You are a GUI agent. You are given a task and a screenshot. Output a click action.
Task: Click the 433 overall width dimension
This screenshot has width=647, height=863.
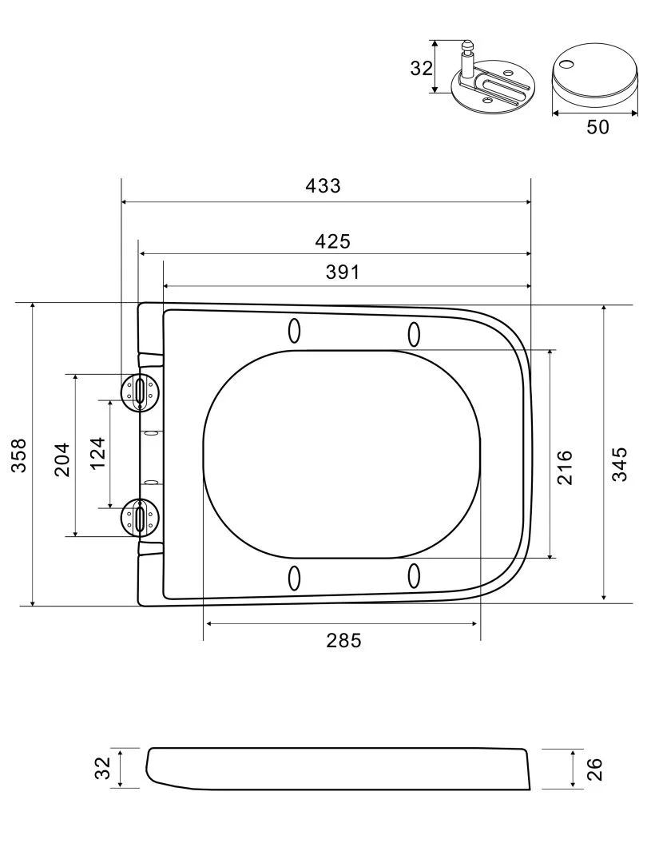323,185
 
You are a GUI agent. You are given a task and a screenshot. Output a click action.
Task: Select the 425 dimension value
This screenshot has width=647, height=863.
333,241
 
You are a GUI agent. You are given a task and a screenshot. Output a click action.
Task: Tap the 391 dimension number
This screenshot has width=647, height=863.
343,272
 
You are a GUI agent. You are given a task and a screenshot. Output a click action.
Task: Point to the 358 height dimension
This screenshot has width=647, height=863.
18,455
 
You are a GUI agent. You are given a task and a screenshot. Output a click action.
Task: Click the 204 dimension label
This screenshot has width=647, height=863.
62,459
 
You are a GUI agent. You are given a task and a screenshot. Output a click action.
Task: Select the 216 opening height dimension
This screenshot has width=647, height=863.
564,467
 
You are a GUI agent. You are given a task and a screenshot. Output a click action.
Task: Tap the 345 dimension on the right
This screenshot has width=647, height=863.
619,464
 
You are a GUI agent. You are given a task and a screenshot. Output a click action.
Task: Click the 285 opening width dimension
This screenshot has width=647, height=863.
343,640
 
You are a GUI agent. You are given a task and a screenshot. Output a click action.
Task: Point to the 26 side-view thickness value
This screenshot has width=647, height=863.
594,769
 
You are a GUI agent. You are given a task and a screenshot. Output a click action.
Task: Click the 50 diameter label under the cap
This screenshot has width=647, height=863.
597,127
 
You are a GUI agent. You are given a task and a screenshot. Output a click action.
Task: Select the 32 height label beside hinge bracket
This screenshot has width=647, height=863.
421,68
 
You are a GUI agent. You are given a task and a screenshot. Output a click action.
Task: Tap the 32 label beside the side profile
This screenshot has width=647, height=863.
102,769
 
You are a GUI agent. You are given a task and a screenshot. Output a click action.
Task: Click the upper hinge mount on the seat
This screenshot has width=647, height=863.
140,391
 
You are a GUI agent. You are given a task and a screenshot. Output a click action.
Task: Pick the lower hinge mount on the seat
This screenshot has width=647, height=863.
140,517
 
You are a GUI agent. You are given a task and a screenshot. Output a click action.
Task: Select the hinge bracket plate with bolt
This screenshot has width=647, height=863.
491,88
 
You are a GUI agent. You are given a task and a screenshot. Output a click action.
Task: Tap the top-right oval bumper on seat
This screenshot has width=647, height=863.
414,333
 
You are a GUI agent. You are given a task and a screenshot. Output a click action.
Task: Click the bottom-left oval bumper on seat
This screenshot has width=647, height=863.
294,578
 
